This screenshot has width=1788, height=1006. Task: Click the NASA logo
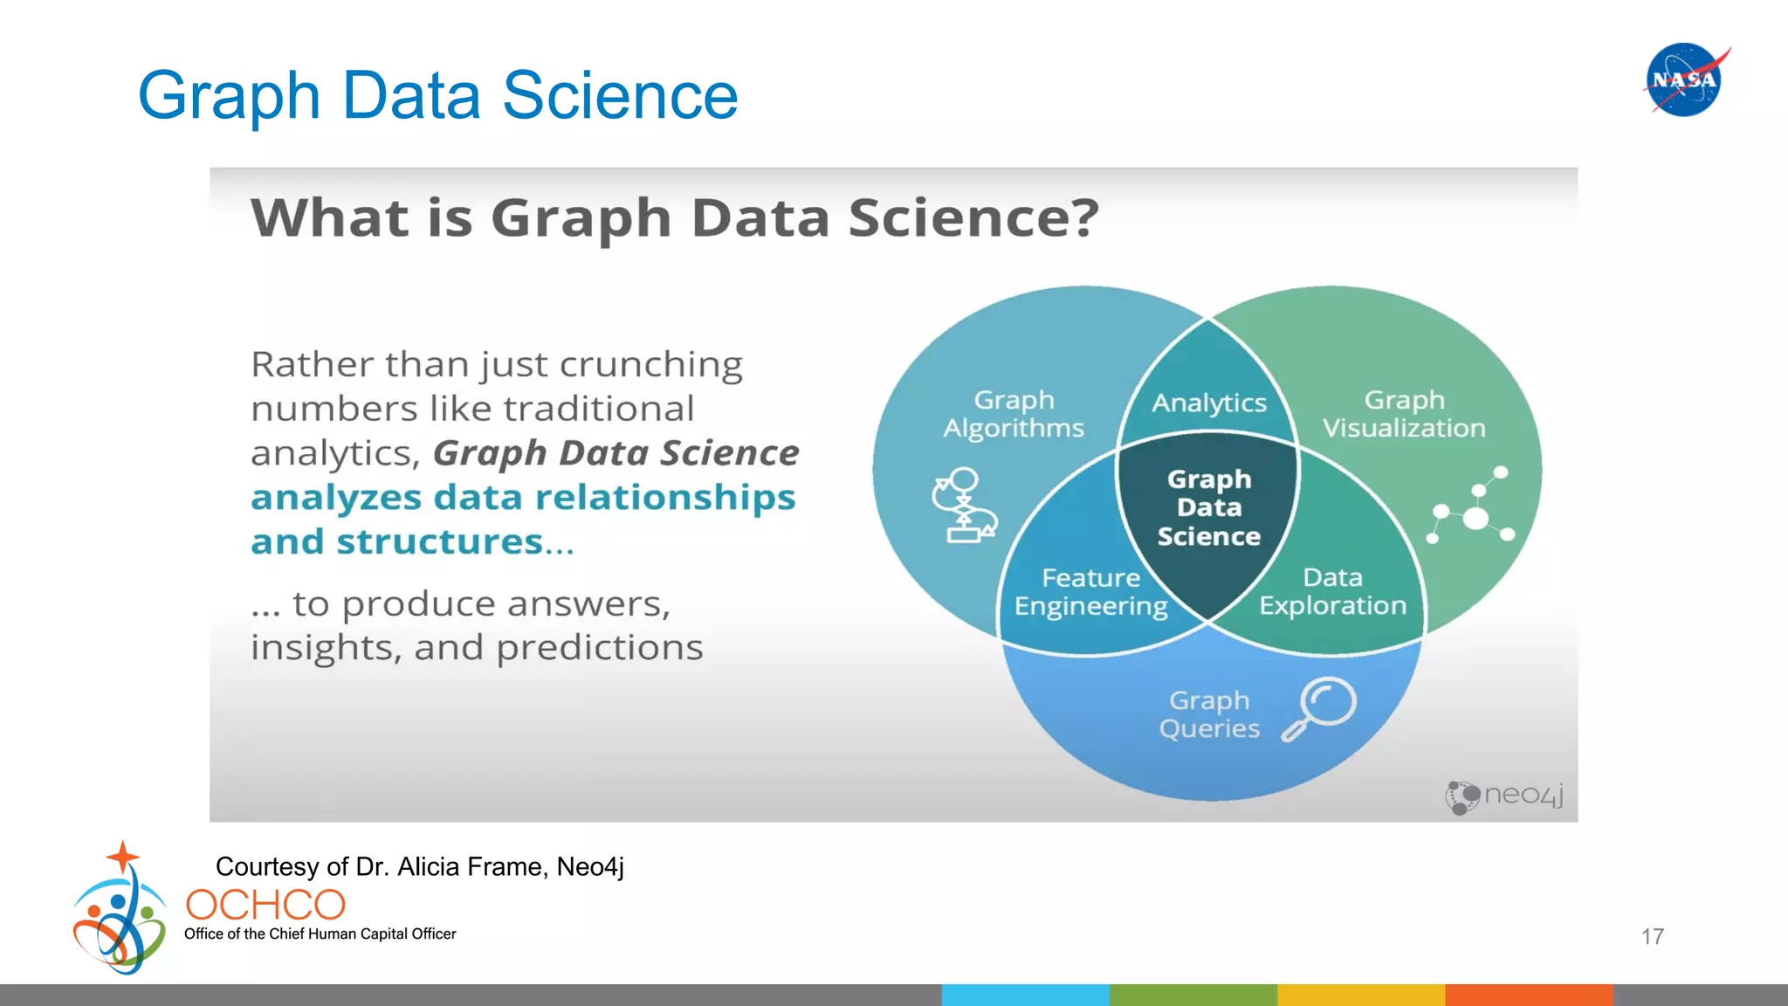click(1685, 79)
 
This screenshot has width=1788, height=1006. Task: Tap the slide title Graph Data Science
click(437, 95)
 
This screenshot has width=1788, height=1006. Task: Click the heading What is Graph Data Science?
click(674, 217)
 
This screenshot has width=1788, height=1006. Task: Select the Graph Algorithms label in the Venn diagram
click(1014, 414)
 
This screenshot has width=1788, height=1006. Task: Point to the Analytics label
click(1209, 403)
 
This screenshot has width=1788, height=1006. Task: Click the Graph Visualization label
click(1404, 414)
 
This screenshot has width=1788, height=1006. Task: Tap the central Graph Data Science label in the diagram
click(1209, 507)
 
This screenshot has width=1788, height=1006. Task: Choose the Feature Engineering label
click(1090, 592)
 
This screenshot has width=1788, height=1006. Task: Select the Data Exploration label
click(1332, 591)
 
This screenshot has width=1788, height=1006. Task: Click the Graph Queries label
click(1209, 714)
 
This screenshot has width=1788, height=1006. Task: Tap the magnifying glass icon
click(1319, 708)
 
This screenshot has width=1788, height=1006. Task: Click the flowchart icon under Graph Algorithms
click(964, 506)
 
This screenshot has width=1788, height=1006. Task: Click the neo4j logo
click(1504, 796)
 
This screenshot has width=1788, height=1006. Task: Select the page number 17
click(1652, 937)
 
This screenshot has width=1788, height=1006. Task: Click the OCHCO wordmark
click(265, 906)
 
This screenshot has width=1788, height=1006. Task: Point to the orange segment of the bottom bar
click(1528, 995)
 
